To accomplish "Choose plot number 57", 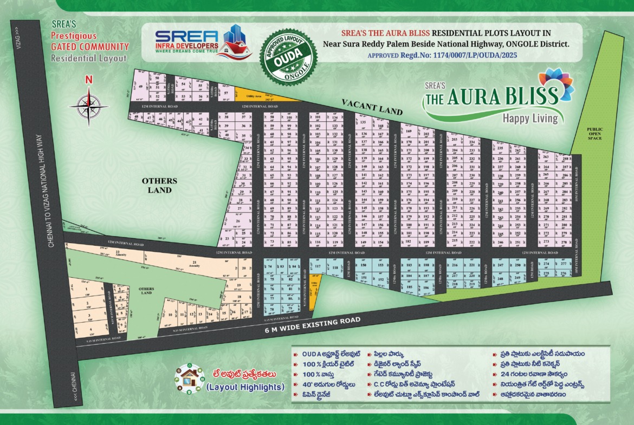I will tap(226, 93).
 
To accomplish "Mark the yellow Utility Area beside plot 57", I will tap(260, 95).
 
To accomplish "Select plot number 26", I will tap(237, 221).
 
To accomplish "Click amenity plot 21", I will tap(194, 264).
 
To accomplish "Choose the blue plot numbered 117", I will tap(318, 267).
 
